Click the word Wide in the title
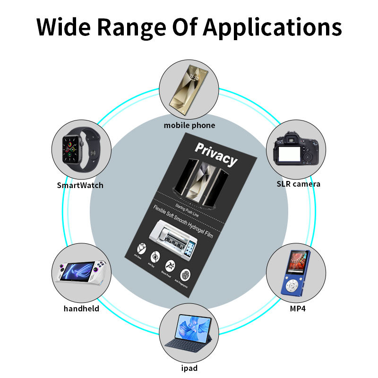click(66, 27)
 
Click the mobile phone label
click(189, 125)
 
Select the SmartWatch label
click(80, 185)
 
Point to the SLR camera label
click(298, 184)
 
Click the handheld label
click(81, 309)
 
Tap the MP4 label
click(296, 309)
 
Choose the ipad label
click(189, 368)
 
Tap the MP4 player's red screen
click(296, 262)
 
